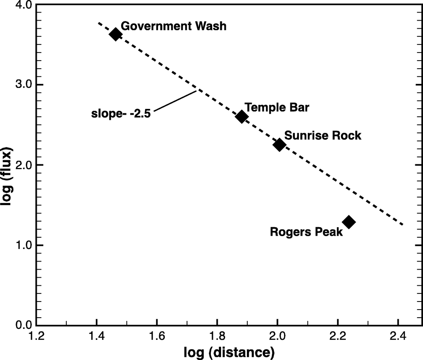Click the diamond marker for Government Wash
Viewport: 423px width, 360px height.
pos(115,34)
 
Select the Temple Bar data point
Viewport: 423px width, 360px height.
pos(241,117)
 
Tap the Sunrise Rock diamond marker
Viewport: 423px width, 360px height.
pos(279,145)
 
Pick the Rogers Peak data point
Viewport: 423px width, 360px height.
pos(349,222)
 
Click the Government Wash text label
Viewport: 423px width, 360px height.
pos(174,26)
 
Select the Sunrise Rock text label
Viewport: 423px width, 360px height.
pos(323,135)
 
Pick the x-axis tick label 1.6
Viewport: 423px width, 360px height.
pos(157,336)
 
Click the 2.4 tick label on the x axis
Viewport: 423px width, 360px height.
pos(398,336)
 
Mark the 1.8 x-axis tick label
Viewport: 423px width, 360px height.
pos(217,336)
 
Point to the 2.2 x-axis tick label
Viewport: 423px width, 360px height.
pos(338,336)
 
